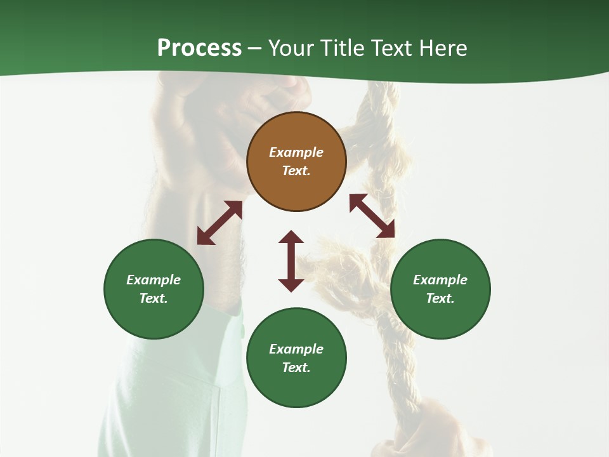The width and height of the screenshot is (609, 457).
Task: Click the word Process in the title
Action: pyautogui.click(x=199, y=48)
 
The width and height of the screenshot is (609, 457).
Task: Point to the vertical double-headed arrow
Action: pyautogui.click(x=291, y=261)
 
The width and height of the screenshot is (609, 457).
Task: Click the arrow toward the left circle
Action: pyautogui.click(x=219, y=223)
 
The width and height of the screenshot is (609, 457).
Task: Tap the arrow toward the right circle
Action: pyautogui.click(x=372, y=216)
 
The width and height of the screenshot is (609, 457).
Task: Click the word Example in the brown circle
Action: pyautogui.click(x=296, y=152)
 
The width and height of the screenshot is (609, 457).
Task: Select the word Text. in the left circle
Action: pyautogui.click(x=154, y=298)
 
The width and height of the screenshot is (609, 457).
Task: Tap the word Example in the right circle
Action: pyautogui.click(x=440, y=280)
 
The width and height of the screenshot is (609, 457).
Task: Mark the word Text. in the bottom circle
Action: pyautogui.click(x=296, y=368)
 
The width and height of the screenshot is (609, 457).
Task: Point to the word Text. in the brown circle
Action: pyautogui.click(x=296, y=171)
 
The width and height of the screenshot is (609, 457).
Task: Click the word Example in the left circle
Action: pyautogui.click(x=154, y=280)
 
